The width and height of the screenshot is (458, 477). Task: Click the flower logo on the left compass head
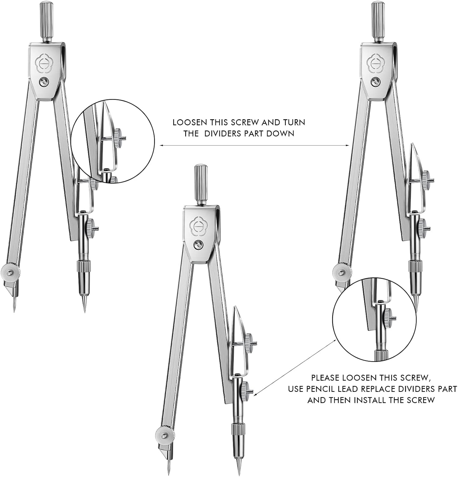click(45, 65)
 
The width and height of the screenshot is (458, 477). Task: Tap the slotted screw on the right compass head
click(376, 82)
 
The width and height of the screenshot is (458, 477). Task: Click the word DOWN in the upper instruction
click(280, 134)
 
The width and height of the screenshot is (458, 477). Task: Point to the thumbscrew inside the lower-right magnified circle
click(387, 317)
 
